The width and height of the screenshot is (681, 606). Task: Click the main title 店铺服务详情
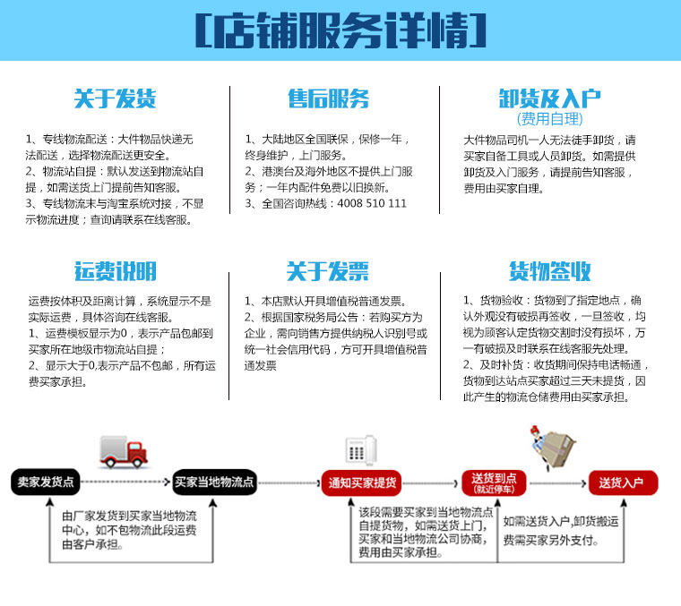pos(340,31)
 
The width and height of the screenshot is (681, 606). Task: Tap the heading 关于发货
pos(115,98)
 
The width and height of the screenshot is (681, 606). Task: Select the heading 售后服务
pos(328,98)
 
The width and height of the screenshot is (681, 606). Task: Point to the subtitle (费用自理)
pos(549,119)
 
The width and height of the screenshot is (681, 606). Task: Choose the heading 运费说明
pos(115,271)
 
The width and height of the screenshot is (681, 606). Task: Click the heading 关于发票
pos(328,271)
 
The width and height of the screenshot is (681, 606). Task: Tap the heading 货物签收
pos(549,271)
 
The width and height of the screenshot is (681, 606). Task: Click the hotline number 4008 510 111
pos(372,203)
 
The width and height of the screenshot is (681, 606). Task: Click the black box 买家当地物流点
pos(214,482)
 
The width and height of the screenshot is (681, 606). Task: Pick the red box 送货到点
pos(494,482)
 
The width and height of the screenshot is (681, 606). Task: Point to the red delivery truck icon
pos(123,451)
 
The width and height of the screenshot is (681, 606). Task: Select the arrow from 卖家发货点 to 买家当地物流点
pos(125,482)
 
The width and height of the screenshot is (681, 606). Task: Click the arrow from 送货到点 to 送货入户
pos(556,482)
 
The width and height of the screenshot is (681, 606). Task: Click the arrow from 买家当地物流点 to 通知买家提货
pos(289,482)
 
